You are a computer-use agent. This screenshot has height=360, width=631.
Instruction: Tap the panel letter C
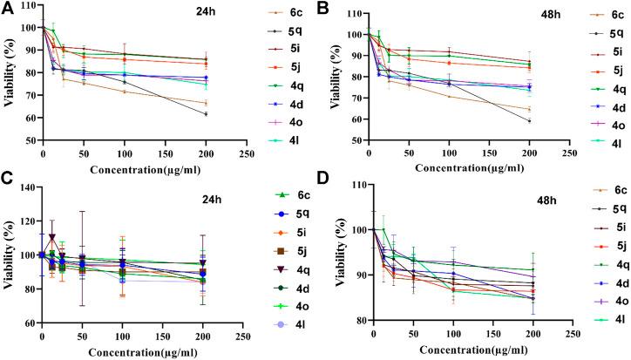tap(7, 186)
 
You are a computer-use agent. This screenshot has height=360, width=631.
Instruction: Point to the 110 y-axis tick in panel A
tap(27, 5)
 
